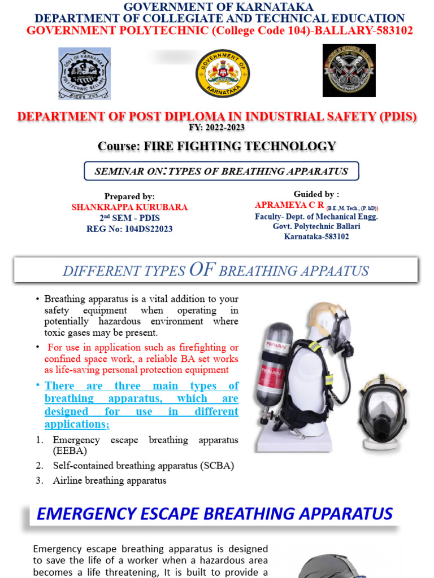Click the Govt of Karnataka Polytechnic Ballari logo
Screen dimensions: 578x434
(x=84, y=73)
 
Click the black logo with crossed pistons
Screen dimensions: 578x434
(x=349, y=71)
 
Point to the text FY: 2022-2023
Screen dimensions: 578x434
(x=217, y=128)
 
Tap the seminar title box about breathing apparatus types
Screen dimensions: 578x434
(x=221, y=171)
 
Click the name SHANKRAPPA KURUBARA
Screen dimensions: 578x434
(x=129, y=207)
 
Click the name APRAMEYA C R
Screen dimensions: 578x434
(x=289, y=205)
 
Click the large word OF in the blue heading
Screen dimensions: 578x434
(x=202, y=270)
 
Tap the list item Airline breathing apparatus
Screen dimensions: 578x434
(x=110, y=480)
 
